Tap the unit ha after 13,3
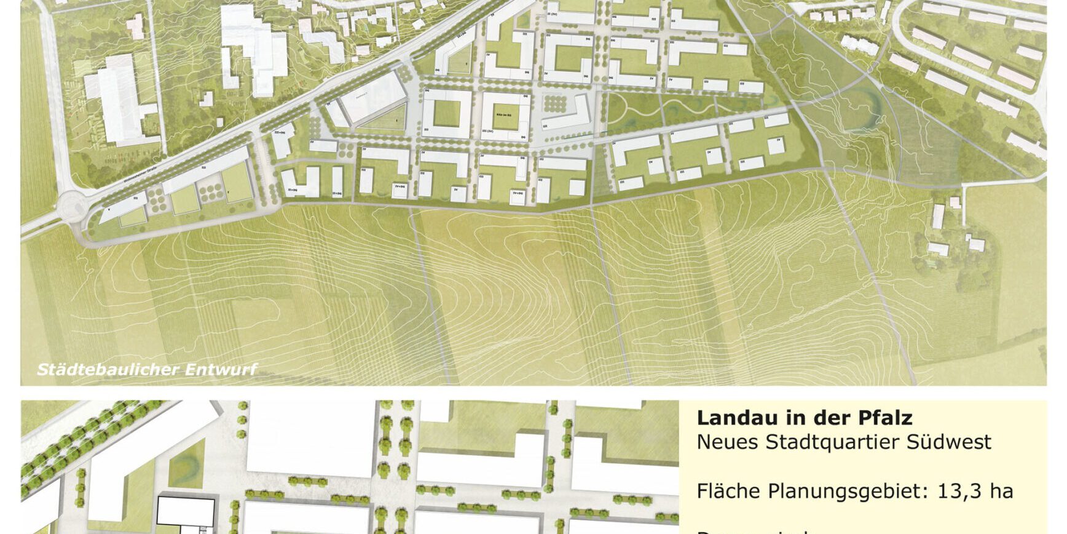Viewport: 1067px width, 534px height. point(1001,491)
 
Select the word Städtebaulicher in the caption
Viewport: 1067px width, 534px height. point(108,370)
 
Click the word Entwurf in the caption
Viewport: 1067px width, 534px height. point(221,370)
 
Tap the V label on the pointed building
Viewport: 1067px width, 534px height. point(109,210)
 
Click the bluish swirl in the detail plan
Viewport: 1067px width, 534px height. point(187,458)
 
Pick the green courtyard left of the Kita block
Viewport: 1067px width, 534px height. point(447,113)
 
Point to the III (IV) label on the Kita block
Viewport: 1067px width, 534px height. point(488,131)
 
